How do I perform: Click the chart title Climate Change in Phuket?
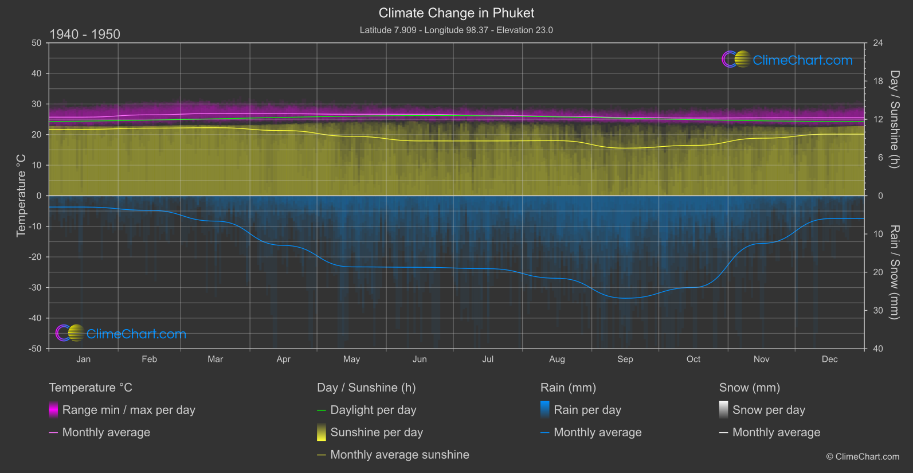456,13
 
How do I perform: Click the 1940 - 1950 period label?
85,34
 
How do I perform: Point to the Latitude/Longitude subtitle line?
456,30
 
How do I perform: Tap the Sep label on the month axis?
625,359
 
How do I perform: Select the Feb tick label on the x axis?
149,359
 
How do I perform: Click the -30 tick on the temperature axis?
36,288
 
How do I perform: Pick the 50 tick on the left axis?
37,43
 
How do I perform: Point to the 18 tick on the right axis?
878,81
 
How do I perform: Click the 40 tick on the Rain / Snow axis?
878,349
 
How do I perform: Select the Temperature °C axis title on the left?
21,196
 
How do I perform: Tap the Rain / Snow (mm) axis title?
894,272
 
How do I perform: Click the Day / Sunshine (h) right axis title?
894,119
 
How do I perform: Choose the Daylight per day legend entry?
373,410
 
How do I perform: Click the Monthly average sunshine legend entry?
399,455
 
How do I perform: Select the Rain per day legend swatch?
545,409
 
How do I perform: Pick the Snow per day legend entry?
769,410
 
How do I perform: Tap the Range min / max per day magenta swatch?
53,409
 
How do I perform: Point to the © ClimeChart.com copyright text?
863,457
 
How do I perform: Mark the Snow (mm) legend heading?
749,388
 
